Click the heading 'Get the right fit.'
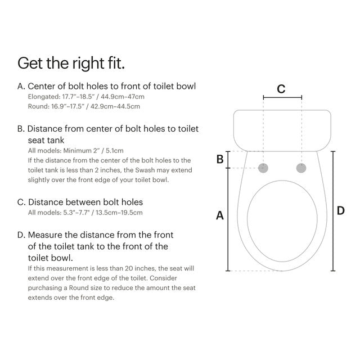point(71,62)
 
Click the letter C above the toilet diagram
point(281,89)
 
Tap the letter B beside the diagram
point(220,159)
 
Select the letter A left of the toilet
point(220,215)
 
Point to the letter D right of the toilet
point(340,210)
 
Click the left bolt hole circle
point(263,168)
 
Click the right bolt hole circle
point(301,168)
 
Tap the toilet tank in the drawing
point(282,130)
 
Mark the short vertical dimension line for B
point(228,160)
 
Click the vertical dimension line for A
point(228,219)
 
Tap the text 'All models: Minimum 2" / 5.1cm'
point(75,151)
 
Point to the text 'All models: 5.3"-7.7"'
point(85,212)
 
